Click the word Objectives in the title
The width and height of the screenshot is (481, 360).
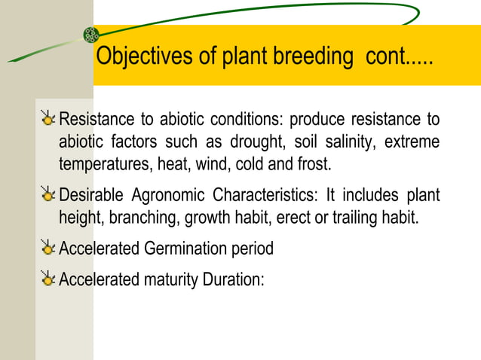pyautogui.click(x=137, y=57)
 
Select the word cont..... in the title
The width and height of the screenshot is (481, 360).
pyautogui.click(x=399, y=57)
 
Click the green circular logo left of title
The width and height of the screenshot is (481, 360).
pyautogui.click(x=91, y=34)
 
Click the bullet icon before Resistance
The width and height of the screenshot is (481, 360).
pyautogui.click(x=48, y=119)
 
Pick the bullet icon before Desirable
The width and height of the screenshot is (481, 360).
pyautogui.click(x=48, y=196)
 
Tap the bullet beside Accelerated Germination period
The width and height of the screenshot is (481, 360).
pyautogui.click(x=48, y=248)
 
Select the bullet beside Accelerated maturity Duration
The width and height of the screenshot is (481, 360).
pyautogui.click(x=48, y=279)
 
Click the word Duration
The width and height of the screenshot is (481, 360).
pyautogui.click(x=234, y=280)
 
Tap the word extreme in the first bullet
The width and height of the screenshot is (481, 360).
pyautogui.click(x=412, y=142)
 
